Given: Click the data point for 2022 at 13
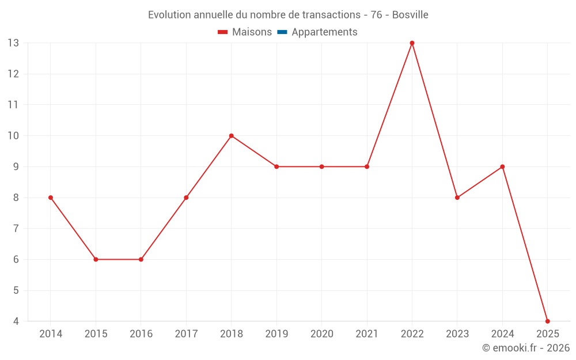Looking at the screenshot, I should (412, 43).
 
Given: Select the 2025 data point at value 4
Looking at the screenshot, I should (547, 321).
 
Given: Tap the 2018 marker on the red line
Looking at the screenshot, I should (231, 136).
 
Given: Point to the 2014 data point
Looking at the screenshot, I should (51, 198).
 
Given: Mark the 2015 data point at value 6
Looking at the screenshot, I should (96, 259).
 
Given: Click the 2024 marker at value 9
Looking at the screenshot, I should (502, 166).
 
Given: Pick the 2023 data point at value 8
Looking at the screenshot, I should (457, 198).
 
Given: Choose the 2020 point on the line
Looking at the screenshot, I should (321, 166).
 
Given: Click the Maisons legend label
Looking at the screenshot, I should (252, 32).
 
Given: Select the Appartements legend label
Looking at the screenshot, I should (324, 32).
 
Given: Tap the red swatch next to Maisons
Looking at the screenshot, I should (223, 32).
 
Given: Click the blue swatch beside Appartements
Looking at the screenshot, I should (282, 32).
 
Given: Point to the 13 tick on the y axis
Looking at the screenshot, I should (13, 43).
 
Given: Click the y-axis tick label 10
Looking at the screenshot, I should (13, 136).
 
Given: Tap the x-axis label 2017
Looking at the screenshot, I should (186, 334).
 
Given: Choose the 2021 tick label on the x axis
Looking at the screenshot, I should (367, 334).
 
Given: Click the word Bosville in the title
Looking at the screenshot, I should (410, 15).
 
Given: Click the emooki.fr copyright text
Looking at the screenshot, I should (525, 348).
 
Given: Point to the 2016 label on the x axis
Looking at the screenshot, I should (141, 334).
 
